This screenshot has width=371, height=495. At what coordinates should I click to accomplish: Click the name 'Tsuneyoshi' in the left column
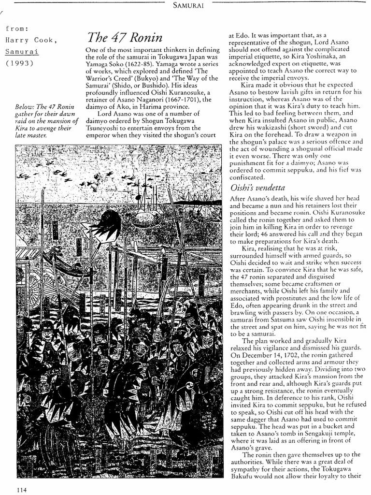[105, 128]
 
